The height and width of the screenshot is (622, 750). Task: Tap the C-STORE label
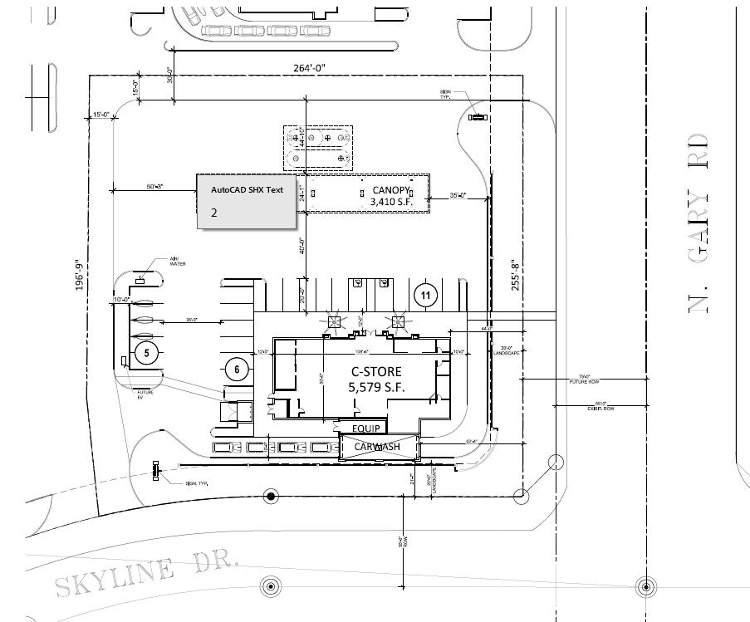tap(375, 372)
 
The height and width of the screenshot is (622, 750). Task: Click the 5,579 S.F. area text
tap(375, 387)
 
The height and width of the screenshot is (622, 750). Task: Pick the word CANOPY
tap(391, 189)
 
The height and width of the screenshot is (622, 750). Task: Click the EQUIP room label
tap(366, 429)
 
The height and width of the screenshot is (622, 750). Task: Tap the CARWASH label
tap(377, 447)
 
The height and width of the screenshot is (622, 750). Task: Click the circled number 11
tap(425, 295)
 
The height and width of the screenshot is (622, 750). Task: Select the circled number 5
tap(146, 353)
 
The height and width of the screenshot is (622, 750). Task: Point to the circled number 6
tap(237, 369)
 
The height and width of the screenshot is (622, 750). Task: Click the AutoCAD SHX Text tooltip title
tap(247, 190)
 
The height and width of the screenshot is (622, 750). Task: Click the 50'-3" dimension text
tap(154, 188)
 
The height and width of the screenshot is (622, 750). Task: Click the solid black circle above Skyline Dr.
tap(270, 497)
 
